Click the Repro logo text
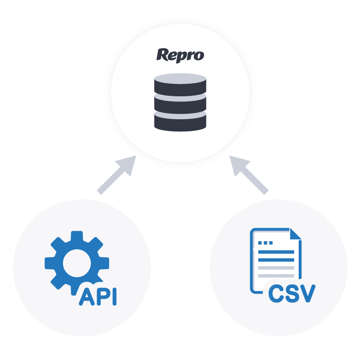tap(180, 55)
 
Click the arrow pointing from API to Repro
tap(117, 175)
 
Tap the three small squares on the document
tap(267, 243)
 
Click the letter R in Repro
tap(162, 55)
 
